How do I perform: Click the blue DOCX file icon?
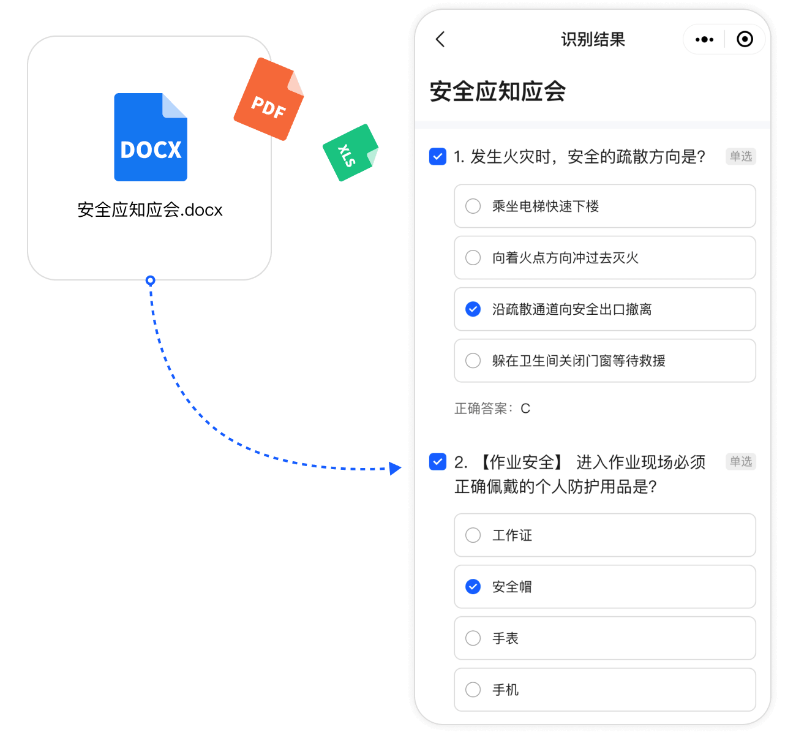tap(150, 137)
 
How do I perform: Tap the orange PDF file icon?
tap(269, 99)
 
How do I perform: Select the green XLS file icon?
tap(350, 153)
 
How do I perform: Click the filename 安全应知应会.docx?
tap(150, 209)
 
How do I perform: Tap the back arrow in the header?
tap(440, 39)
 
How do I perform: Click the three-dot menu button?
tap(704, 39)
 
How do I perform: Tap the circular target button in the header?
tap(745, 39)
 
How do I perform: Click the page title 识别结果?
tap(593, 39)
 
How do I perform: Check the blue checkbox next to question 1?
tap(437, 156)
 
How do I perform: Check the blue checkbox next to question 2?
tap(437, 462)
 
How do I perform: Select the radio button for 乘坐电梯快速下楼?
tap(473, 206)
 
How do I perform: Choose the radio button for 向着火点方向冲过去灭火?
tap(473, 257)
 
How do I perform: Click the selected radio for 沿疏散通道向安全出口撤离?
tap(473, 309)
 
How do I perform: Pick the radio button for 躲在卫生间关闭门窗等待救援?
tap(473, 361)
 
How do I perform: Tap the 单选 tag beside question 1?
tap(741, 156)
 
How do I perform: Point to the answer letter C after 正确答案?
tap(525, 409)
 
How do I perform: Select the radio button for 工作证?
tap(473, 535)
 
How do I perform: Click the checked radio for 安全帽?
tap(473, 587)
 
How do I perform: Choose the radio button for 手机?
tap(473, 690)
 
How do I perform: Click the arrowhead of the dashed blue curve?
tap(395, 468)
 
